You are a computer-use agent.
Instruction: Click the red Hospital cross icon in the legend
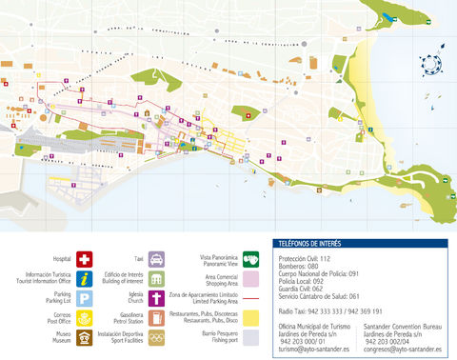(85, 259)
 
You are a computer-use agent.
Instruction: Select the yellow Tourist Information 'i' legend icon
(85, 278)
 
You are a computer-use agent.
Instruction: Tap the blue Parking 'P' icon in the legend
(85, 298)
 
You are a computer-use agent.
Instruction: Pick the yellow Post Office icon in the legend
(85, 318)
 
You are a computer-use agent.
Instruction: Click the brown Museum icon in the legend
(85, 338)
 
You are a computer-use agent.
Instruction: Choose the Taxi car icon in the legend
(157, 259)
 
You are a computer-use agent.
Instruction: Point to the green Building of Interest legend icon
(157, 278)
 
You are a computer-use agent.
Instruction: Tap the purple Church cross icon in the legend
(157, 298)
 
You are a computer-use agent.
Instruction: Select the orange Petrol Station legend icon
(157, 318)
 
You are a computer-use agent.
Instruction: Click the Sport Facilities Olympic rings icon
(157, 338)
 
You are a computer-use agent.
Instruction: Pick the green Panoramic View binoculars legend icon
(251, 258)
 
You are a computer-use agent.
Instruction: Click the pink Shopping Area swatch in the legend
(251, 278)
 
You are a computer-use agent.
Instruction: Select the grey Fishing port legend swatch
(251, 337)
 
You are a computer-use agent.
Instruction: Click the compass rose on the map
(433, 63)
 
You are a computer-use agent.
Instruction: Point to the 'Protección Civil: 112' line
(306, 258)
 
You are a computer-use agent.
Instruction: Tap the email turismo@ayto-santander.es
(309, 350)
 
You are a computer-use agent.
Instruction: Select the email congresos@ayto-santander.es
(400, 350)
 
